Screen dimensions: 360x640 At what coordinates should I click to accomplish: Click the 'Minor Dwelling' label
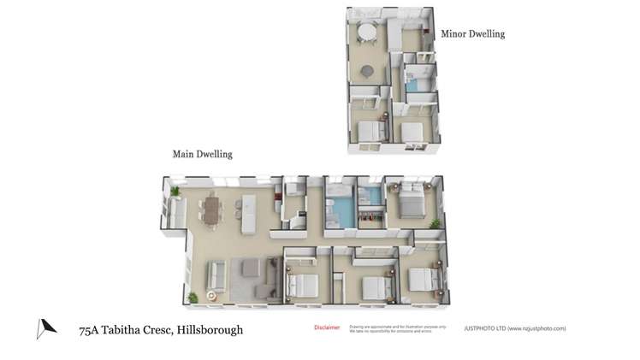click(472, 34)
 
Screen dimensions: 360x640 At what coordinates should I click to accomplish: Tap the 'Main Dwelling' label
click(203, 155)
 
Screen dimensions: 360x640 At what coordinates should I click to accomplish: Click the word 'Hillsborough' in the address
click(210, 330)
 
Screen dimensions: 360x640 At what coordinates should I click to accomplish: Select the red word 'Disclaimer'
click(327, 328)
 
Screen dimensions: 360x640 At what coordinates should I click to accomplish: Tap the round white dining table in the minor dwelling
click(367, 33)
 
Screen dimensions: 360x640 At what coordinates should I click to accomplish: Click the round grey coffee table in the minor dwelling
click(367, 71)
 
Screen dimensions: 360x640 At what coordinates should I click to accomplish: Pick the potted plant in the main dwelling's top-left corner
click(175, 191)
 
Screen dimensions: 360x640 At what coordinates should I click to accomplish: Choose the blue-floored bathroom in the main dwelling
click(341, 210)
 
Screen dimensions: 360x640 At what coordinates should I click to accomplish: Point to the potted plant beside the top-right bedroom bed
click(435, 223)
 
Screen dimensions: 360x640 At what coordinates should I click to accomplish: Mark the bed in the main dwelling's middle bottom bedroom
click(375, 286)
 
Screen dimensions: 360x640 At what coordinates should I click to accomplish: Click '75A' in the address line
click(87, 330)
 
